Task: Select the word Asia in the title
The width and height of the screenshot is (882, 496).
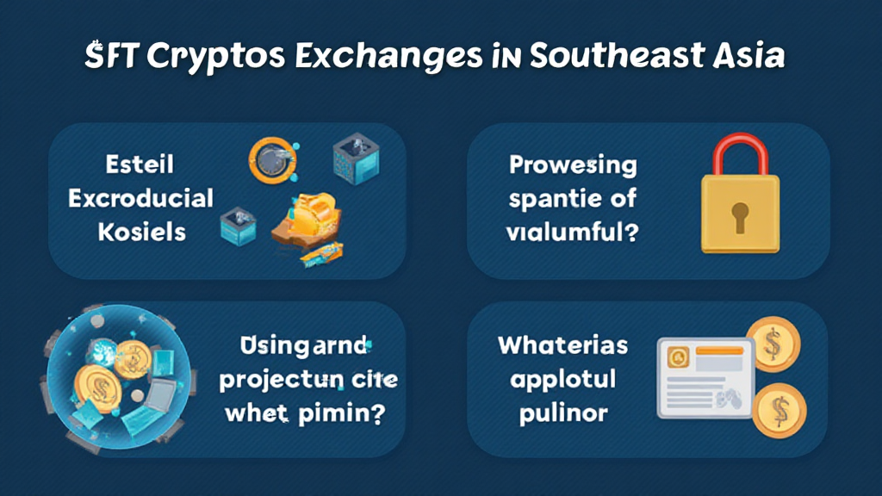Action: pyautogui.click(x=748, y=57)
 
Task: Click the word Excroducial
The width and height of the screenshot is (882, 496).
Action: pyautogui.click(x=140, y=199)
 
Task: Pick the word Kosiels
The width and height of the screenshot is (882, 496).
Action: pyautogui.click(x=140, y=232)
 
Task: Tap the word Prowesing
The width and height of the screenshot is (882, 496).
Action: pyautogui.click(x=573, y=164)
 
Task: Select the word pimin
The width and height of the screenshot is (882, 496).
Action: pyautogui.click(x=339, y=412)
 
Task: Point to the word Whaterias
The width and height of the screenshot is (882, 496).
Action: pyautogui.click(x=562, y=347)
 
